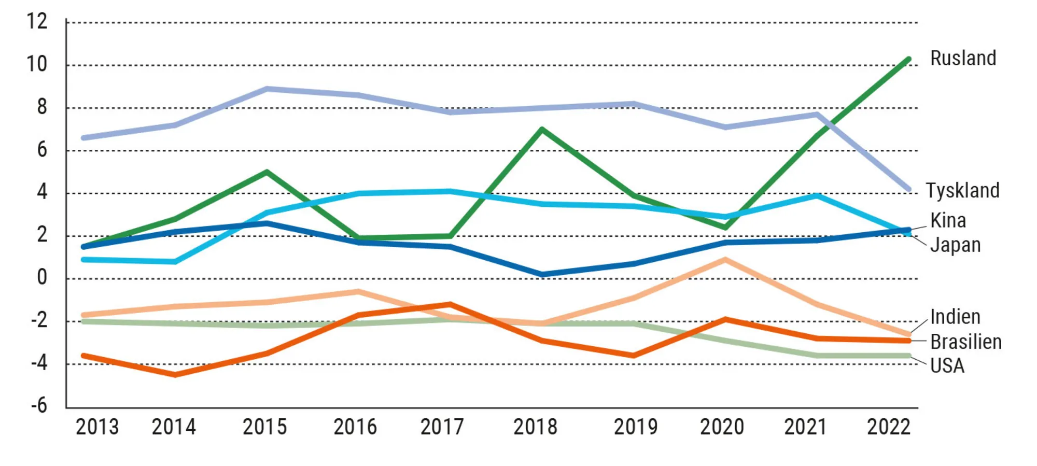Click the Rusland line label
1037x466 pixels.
coord(963,58)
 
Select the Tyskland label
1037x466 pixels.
coord(962,191)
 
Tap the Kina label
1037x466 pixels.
coord(948,221)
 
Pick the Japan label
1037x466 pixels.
coord(955,245)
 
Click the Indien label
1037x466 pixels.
coord(955,317)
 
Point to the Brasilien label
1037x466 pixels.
coord(965,342)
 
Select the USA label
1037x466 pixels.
coord(947,366)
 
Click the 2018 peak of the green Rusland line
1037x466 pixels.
coord(542,129)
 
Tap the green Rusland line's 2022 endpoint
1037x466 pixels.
coord(908,60)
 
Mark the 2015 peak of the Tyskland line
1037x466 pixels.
coord(267,89)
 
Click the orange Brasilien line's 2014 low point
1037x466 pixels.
coord(175,374)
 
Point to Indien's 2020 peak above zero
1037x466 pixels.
coord(725,259)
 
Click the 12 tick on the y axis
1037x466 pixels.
coord(37,22)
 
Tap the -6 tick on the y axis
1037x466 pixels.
coord(39,405)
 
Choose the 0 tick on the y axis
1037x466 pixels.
coord(42,278)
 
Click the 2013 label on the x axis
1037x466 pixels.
coord(97,427)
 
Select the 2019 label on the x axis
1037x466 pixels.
coord(635,427)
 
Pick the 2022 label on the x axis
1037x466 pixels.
coord(888,427)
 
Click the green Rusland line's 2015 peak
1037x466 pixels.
coord(267,172)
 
